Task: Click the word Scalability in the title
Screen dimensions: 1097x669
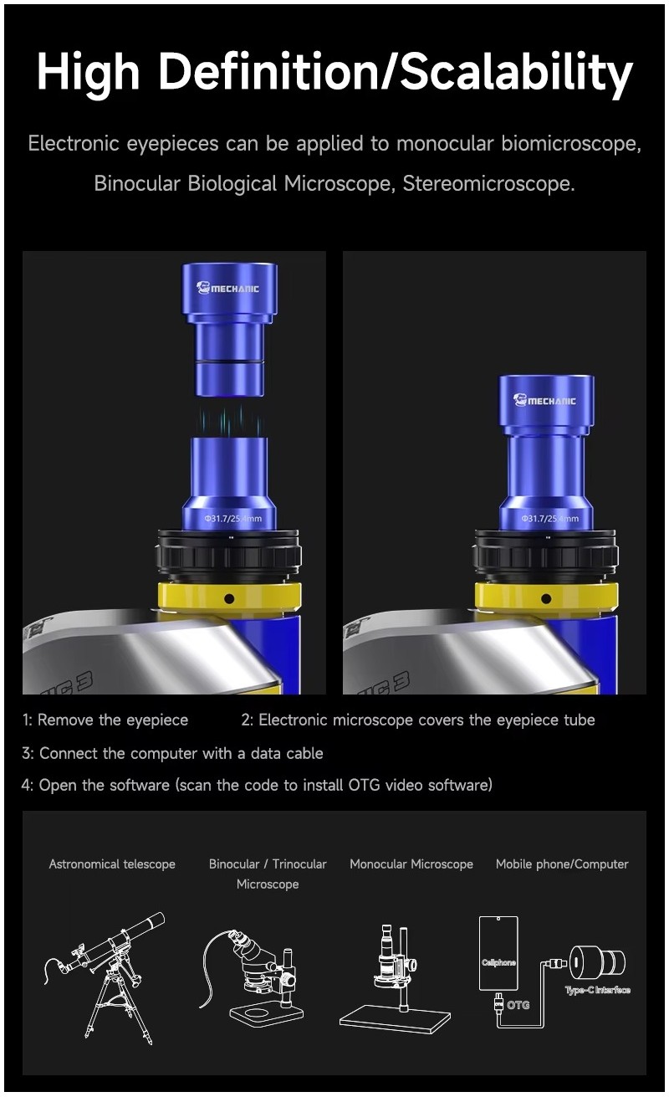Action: tap(517, 73)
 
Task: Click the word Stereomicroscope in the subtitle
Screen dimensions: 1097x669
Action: tap(488, 183)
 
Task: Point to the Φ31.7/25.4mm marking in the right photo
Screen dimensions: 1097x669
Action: tap(549, 519)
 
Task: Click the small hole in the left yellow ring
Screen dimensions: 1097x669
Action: tap(229, 598)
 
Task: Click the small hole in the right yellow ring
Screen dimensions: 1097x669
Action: tap(546, 598)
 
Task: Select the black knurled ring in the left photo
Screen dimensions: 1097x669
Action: tap(227, 555)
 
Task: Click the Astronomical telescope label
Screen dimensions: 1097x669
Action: tap(112, 864)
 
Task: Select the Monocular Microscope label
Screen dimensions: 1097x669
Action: tap(411, 864)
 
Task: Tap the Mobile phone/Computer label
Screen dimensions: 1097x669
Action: tap(562, 864)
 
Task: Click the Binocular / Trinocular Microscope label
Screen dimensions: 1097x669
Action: tap(268, 874)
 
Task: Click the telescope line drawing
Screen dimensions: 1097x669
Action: tap(105, 971)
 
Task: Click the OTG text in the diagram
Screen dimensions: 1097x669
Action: tap(518, 1004)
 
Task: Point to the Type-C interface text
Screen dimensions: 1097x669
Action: tap(597, 990)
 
